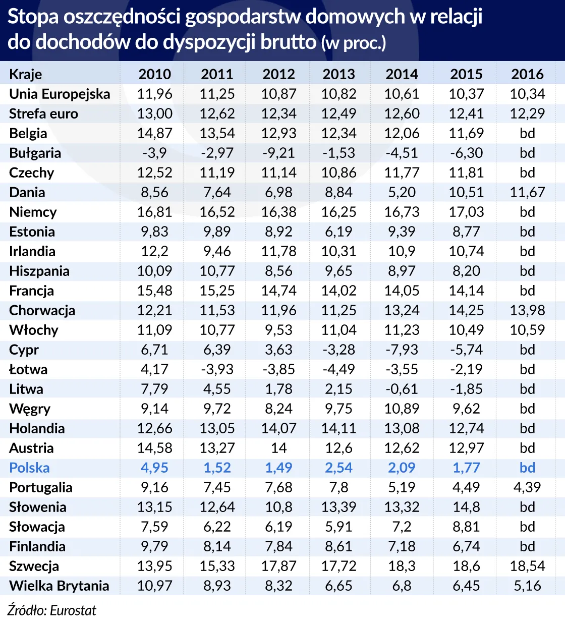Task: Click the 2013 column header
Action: pos(338,74)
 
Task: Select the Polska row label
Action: pos(29,468)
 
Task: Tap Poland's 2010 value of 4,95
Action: pos(154,468)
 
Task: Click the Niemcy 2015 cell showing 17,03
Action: pos(466,212)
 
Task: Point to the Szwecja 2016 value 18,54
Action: pos(527,566)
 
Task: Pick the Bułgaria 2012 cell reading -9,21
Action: pos(278,153)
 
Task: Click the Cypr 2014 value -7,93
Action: pos(402,350)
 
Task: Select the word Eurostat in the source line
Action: pos(73,610)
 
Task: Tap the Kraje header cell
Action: pos(25,74)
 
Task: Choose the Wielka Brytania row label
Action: pos(59,586)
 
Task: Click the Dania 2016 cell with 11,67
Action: pos(527,192)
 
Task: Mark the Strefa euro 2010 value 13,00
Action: pos(154,113)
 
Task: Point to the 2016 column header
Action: pos(527,74)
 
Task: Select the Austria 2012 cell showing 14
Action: pos(278,448)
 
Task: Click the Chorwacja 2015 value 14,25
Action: pos(466,310)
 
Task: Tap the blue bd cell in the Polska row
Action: pos(527,468)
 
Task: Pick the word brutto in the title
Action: pos(288,42)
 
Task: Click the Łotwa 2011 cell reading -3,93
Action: pos(217,369)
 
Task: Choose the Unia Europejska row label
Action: pos(60,94)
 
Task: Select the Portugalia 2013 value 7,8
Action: pos(338,487)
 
